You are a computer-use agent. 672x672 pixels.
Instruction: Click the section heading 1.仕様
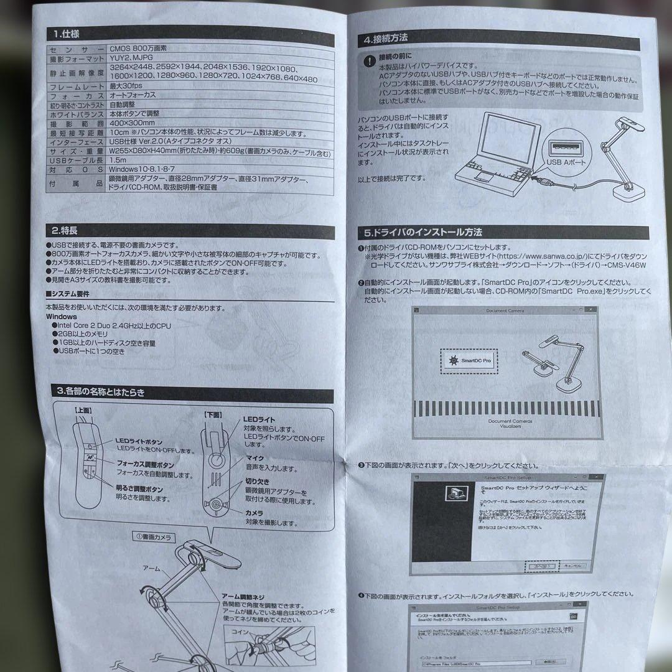click(66, 34)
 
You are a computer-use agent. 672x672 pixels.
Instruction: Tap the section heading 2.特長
click(65, 229)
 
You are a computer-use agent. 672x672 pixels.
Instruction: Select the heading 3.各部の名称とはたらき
click(100, 391)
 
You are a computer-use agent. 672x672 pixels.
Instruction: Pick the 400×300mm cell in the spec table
click(133, 124)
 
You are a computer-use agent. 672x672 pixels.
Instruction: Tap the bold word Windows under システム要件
click(61, 316)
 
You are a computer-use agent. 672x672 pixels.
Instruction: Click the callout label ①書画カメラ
click(153, 537)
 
